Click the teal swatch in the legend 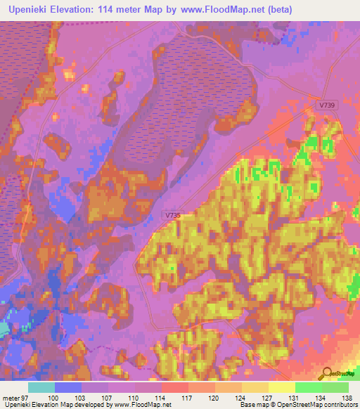tap(41, 387)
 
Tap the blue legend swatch tap(68, 387)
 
